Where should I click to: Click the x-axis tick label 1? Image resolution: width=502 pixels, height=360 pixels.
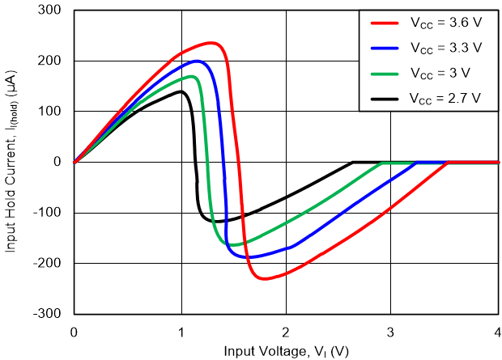(x=180, y=332)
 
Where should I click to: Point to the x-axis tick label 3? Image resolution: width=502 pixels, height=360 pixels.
(x=391, y=332)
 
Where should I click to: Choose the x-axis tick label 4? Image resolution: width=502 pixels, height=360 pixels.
(x=496, y=332)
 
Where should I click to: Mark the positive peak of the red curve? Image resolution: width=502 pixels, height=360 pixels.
(x=211, y=43)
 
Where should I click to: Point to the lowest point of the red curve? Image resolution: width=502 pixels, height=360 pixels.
(x=266, y=279)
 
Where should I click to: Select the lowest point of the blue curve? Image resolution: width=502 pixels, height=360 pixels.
(x=251, y=257)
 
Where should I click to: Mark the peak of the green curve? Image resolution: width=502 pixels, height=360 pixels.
(x=192, y=77)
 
